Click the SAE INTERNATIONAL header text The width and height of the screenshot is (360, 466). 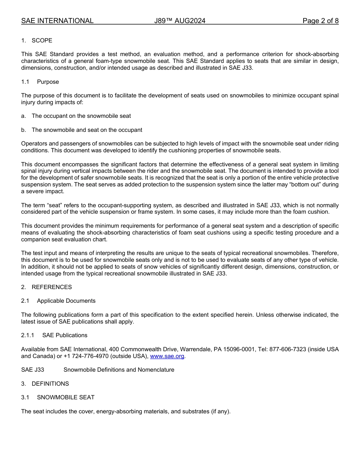57,21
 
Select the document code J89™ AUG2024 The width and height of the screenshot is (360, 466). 180,21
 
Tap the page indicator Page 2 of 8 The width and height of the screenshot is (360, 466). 320,21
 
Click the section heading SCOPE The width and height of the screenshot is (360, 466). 42,41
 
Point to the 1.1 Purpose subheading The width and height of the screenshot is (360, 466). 48,82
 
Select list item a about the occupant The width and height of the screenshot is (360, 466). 81,116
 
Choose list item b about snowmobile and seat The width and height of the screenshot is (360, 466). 87,130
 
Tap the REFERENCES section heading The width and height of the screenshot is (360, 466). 52,287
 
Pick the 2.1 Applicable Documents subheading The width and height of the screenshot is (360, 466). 66,301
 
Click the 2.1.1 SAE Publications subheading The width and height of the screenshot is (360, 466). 64,335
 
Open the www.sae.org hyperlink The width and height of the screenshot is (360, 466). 167,356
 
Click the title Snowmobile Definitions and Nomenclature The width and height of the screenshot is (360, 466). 119,370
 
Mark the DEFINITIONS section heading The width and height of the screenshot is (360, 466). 50,384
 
